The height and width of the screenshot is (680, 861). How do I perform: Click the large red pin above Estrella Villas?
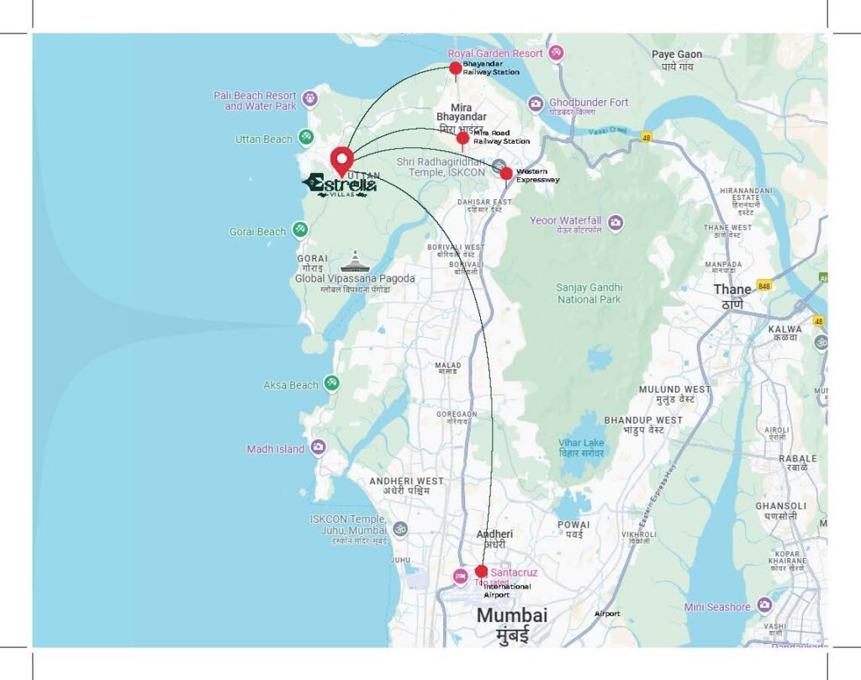click(341, 159)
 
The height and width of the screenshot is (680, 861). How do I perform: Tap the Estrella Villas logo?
click(340, 185)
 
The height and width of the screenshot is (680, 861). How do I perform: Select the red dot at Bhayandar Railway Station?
click(455, 68)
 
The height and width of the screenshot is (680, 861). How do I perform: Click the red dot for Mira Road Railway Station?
click(462, 138)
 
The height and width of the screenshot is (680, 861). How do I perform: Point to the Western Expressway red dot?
click(506, 173)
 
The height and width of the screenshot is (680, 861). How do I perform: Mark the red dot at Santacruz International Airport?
click(481, 572)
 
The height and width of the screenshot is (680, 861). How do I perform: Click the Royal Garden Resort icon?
click(555, 53)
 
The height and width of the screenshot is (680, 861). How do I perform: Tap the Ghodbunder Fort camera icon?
click(536, 103)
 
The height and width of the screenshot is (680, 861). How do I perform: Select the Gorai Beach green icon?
click(300, 229)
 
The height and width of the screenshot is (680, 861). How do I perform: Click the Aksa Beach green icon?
click(332, 383)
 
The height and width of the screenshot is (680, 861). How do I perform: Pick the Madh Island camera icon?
click(319, 447)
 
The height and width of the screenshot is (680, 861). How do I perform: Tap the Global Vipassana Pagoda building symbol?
click(355, 261)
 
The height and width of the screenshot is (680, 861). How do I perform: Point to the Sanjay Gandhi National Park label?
click(589, 293)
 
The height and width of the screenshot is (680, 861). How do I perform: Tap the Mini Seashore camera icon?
click(763, 605)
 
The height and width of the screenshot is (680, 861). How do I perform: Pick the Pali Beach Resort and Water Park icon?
click(310, 98)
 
